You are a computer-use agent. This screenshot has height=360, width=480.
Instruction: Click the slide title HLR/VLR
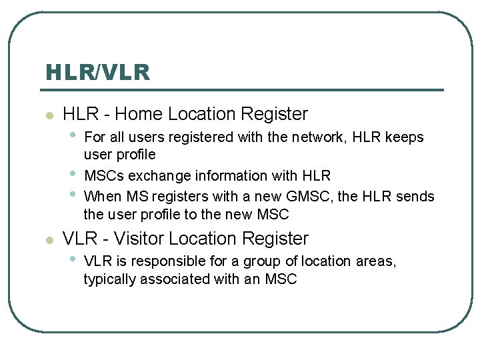97,72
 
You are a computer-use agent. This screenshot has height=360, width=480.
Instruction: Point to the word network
317,137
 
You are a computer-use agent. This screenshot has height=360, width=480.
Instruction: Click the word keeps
405,137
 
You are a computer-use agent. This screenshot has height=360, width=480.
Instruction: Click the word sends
415,197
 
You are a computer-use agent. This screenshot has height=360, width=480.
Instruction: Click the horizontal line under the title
244,90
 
